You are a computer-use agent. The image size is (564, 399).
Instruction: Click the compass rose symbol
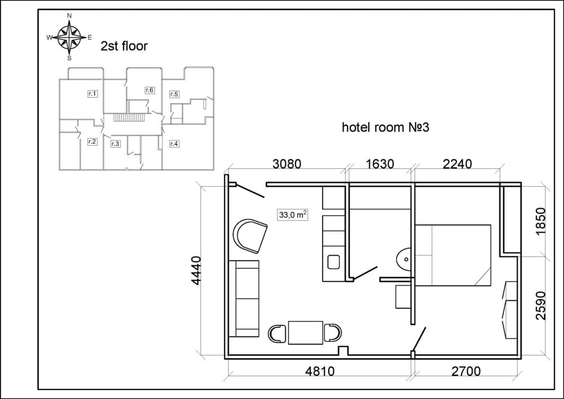coord(69,37)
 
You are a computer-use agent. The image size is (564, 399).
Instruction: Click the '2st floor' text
coord(124,46)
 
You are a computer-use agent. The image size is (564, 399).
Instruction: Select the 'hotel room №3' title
coord(386,127)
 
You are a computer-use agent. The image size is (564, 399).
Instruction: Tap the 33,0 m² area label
coord(292,214)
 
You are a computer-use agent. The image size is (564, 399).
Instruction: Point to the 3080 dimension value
coord(287,164)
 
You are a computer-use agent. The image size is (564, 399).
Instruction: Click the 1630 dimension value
coord(380,164)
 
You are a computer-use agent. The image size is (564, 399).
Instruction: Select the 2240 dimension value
coord(457,164)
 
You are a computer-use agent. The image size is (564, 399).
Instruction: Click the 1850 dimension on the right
coord(541,222)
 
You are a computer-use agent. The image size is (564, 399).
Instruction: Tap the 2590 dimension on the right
coord(541,305)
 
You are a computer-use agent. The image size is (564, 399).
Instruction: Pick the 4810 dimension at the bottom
coord(320,371)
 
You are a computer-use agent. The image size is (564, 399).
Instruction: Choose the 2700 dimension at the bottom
coord(466,371)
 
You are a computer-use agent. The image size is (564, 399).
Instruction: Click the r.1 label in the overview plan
coord(92,94)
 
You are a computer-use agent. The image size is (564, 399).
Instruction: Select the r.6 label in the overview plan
coord(149,90)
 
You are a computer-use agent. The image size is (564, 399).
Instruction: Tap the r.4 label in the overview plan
coord(174,143)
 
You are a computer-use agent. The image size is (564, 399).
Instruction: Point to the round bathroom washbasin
coord(404,260)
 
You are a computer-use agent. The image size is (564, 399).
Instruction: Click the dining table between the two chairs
coord(305,332)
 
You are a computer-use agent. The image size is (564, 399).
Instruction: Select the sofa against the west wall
coord(244,298)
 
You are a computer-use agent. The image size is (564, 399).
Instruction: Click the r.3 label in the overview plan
coord(115,143)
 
